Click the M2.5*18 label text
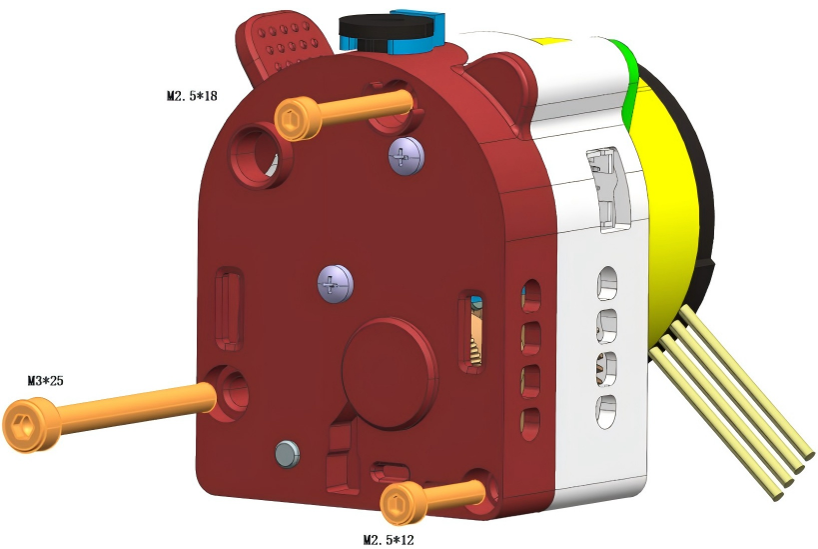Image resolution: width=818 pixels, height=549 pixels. tap(192, 96)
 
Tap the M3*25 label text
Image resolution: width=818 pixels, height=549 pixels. tap(45, 381)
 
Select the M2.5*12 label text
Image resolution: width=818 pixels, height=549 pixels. tap(389, 540)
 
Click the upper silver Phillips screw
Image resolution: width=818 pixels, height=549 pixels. tap(407, 156)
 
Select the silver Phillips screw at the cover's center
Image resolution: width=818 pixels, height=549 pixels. tap(336, 284)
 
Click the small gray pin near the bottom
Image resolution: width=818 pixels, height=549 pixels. tap(287, 454)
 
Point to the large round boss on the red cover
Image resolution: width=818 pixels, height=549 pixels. tap(390, 373)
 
